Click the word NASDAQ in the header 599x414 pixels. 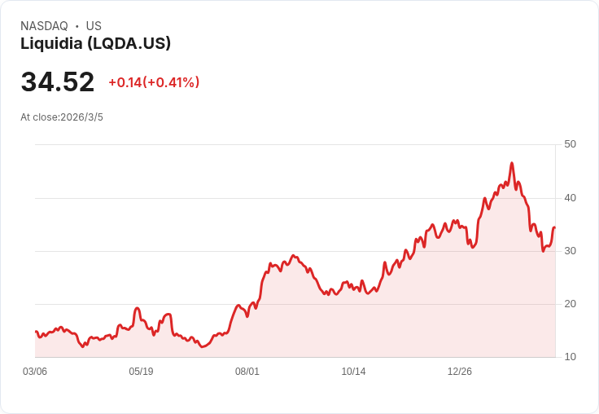pyautogui.click(x=44, y=26)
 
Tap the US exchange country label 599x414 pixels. pyautogui.click(x=94, y=26)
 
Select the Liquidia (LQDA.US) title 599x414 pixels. pyautogui.click(x=95, y=44)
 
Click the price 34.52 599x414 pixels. pyautogui.click(x=58, y=82)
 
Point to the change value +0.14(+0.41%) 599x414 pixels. pyautogui.click(x=154, y=82)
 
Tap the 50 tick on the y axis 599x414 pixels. pyautogui.click(x=570, y=144)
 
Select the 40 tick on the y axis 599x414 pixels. pyautogui.click(x=570, y=198)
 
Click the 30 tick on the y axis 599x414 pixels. pyautogui.click(x=570, y=251)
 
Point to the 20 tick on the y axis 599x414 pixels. pyautogui.click(x=570, y=304)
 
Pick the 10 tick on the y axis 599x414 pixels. pyautogui.click(x=570, y=357)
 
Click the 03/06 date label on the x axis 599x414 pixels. pyautogui.click(x=35, y=372)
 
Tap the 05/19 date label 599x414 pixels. pyautogui.click(x=141, y=372)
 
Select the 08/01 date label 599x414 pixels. pyautogui.click(x=247, y=372)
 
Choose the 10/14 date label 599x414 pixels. pyautogui.click(x=353, y=372)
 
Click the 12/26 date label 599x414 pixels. pyautogui.click(x=460, y=372)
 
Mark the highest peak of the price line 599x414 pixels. pyautogui.click(x=512, y=163)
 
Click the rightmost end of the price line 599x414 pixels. pyautogui.click(x=554, y=227)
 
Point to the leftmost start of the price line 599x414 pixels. pyautogui.click(x=36, y=332)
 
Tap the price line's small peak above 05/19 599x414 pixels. pyautogui.click(x=138, y=308)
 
